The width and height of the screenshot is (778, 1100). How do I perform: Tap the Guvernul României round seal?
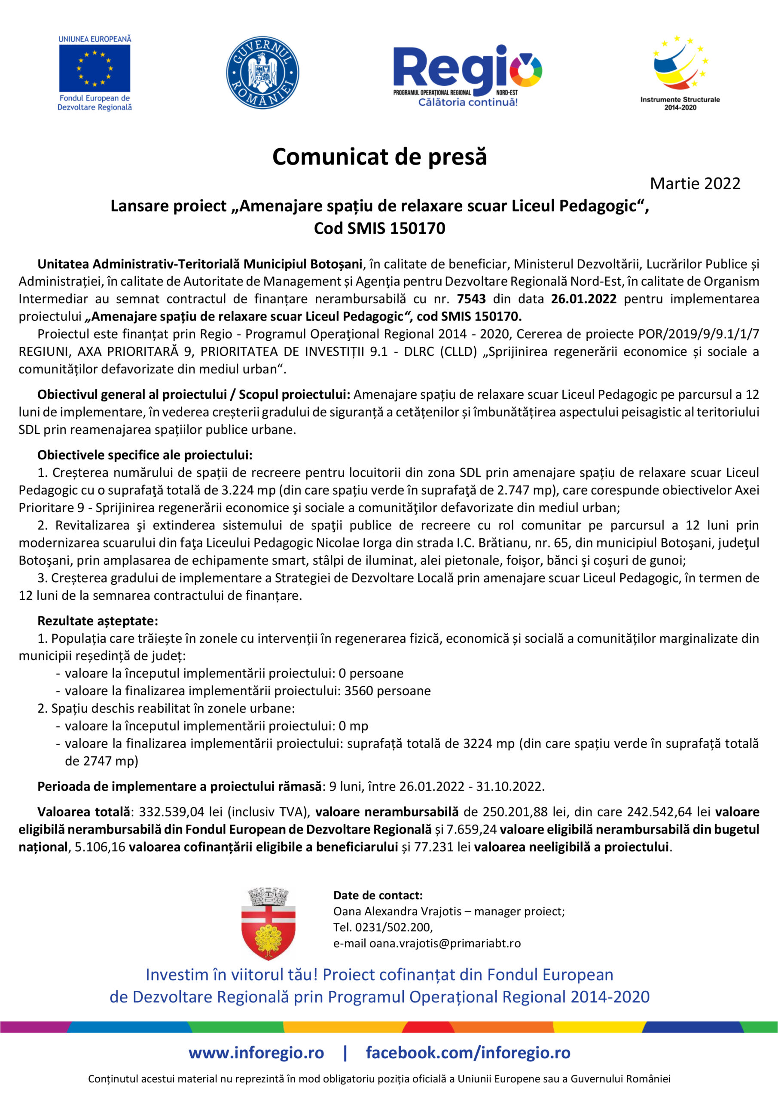coord(262,72)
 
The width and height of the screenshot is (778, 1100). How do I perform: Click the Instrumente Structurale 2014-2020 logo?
coord(680,72)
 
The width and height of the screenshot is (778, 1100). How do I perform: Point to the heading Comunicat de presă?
coord(379,157)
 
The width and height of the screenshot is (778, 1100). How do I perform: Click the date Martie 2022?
coord(695,183)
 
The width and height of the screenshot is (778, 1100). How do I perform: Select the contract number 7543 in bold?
coord(471,299)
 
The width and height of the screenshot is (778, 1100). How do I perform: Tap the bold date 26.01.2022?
coord(583,299)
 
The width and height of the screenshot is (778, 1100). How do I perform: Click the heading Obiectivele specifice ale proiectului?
coord(145,455)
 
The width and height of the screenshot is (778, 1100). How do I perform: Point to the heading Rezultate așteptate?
coord(98,621)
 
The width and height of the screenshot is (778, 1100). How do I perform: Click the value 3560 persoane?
coord(387,691)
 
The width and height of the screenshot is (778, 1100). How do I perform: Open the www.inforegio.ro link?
coord(256,1053)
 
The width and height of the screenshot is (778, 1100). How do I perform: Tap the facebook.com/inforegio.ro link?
coord(468,1053)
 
